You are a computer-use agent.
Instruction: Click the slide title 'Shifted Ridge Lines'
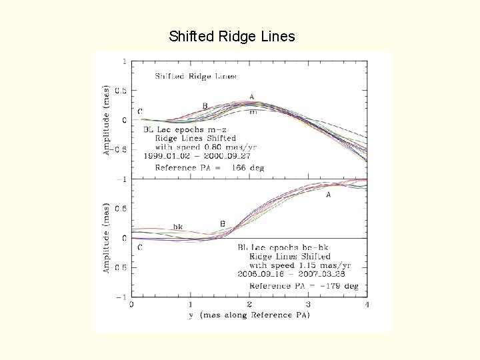[232, 36]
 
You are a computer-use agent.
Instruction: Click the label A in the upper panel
[251, 97]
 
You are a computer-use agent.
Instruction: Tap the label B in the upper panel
[205, 105]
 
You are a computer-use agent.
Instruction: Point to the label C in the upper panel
[140, 111]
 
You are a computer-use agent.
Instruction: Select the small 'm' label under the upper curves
[253, 112]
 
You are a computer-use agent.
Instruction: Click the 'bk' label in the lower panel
[178, 227]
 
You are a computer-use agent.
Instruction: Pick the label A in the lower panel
[328, 195]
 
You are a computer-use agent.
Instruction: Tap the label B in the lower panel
[222, 224]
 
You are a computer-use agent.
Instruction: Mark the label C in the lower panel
[139, 247]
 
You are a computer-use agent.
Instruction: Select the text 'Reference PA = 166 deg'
[209, 168]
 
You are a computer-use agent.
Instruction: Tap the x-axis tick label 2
[249, 305]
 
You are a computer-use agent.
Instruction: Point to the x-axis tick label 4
[367, 305]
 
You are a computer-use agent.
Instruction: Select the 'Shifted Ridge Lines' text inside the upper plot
[196, 76]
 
